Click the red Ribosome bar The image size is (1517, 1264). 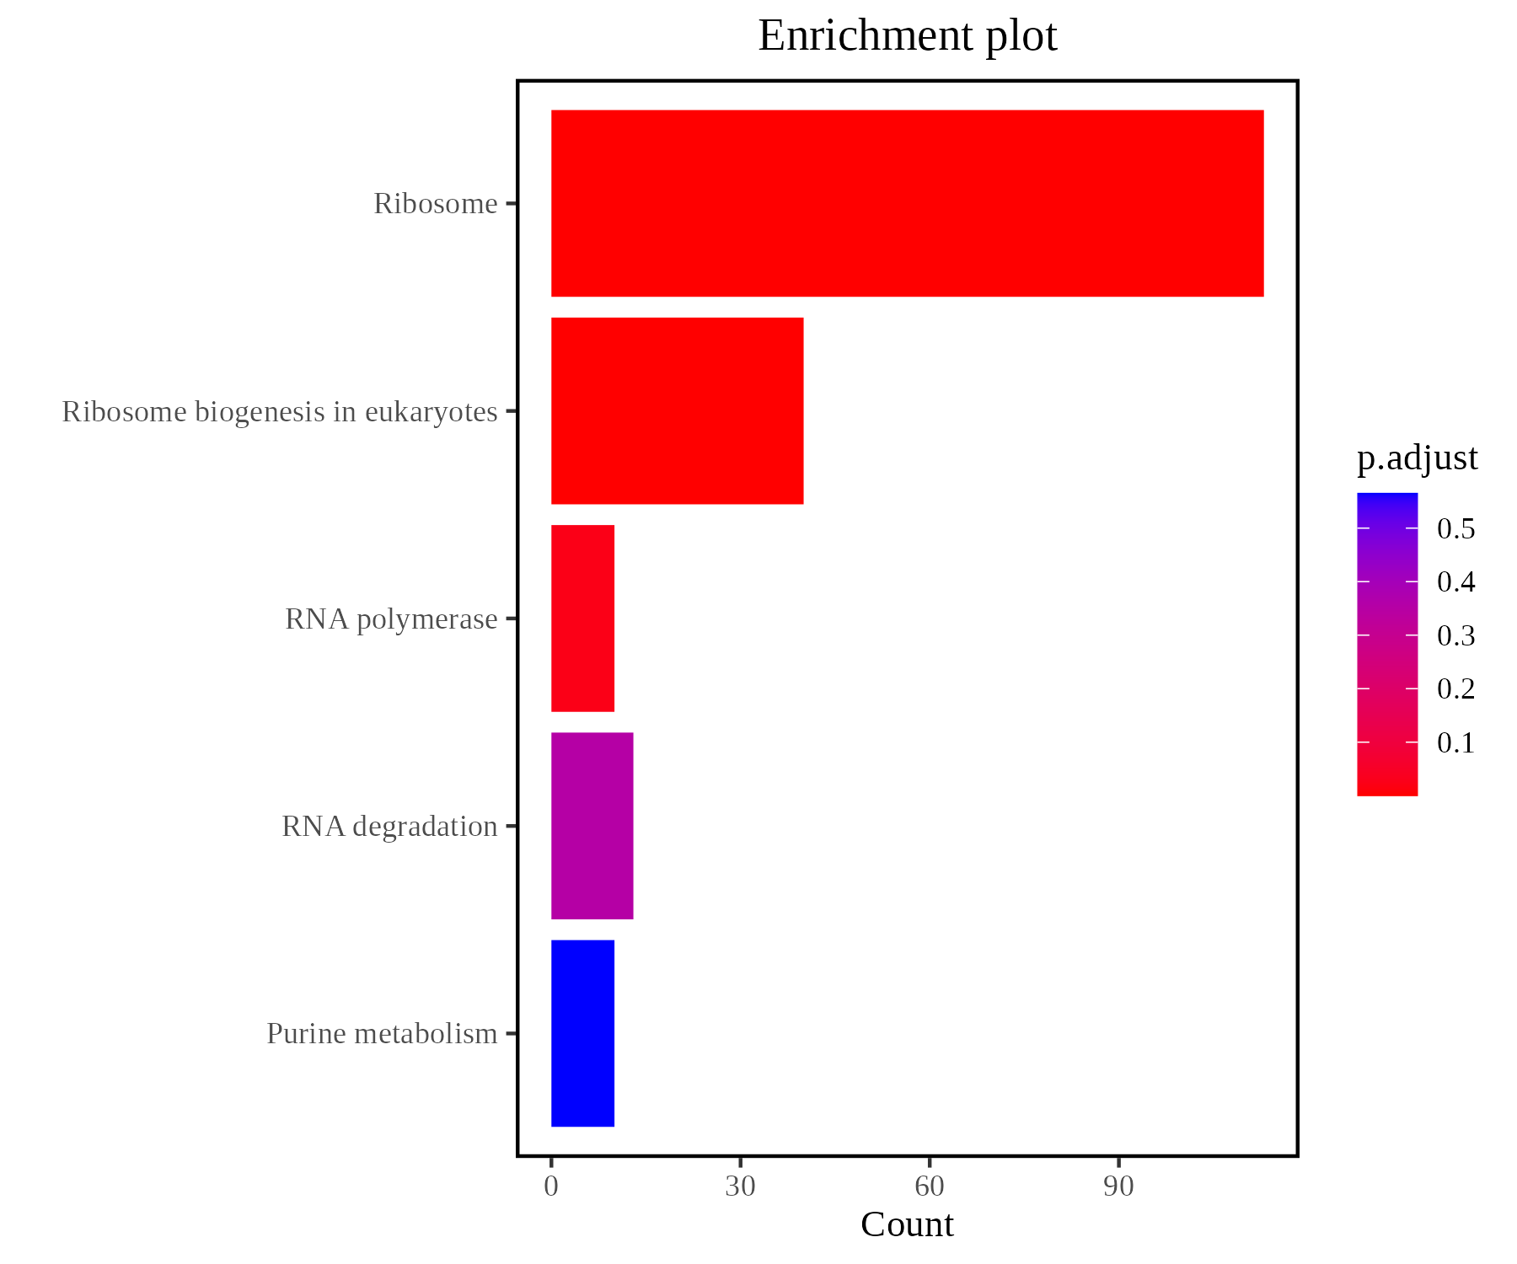tap(907, 203)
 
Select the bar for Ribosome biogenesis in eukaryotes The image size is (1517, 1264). tap(677, 411)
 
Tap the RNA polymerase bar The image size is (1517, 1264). tap(582, 619)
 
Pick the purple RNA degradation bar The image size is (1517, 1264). tap(592, 826)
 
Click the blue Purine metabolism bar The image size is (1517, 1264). tap(582, 1033)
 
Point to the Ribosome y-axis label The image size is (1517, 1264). tap(436, 204)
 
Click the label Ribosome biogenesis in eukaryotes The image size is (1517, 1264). tap(280, 412)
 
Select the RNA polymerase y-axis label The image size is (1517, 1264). tap(391, 619)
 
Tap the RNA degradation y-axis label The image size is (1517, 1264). tap(389, 827)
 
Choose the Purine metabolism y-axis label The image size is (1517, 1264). tap(382, 1034)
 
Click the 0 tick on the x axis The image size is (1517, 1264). tap(551, 1186)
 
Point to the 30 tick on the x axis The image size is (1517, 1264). tap(740, 1186)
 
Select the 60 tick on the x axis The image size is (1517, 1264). tap(929, 1186)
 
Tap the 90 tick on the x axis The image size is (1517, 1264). tap(1118, 1186)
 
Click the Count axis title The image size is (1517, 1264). tap(907, 1224)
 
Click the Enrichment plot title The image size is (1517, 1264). tap(907, 36)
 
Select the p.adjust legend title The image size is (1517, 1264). tap(1417, 458)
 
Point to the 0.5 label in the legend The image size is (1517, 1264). tap(1455, 529)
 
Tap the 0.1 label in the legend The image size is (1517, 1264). tap(1455, 743)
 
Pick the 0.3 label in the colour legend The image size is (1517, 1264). tap(1455, 636)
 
